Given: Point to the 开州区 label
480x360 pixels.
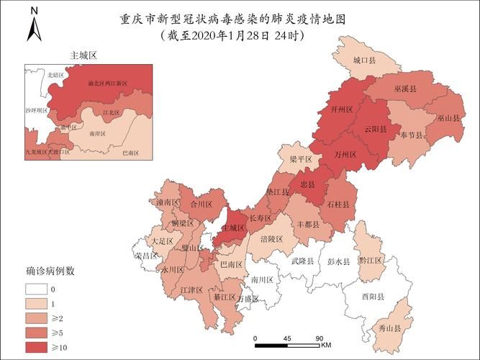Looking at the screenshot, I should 341,110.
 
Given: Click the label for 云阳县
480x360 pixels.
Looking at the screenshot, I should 375,130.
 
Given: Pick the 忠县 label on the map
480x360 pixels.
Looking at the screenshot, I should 307,184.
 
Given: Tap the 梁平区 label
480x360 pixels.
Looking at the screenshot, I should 301,158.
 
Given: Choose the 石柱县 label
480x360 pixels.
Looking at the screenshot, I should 338,205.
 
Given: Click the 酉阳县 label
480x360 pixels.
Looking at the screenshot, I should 373,296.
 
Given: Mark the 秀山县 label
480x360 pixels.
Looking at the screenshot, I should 390,328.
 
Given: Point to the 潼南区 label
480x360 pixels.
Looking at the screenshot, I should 167,203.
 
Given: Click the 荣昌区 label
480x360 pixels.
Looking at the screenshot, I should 146,256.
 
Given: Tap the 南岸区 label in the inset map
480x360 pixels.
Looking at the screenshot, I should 99,134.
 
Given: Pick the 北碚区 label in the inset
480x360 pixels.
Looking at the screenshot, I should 55,75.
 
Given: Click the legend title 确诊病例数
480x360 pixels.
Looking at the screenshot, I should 51,271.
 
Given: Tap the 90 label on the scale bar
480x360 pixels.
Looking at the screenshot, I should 319,337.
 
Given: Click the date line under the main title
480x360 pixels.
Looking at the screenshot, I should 232,35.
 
